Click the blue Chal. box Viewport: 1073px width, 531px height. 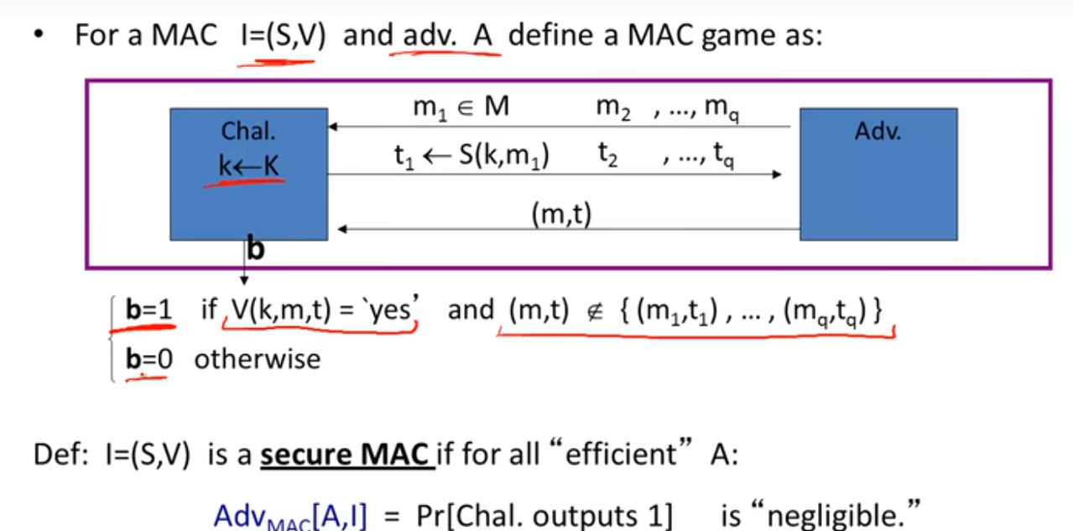pyautogui.click(x=248, y=174)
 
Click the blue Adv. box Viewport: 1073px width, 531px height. pyautogui.click(x=878, y=174)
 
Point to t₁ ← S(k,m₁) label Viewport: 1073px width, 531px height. pyautogui.click(x=471, y=157)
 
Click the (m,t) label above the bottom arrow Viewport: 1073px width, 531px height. pyautogui.click(x=561, y=216)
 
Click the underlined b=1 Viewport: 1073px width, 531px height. pyautogui.click(x=148, y=310)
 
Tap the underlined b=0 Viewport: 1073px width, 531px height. pyautogui.click(x=148, y=359)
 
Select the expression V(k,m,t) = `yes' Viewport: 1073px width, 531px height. pyautogui.click(x=320, y=310)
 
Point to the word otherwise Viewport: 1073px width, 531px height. pyautogui.click(x=257, y=359)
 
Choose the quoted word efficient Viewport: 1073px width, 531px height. pyautogui.click(x=621, y=455)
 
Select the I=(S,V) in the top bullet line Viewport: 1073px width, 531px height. pyautogui.click(x=276, y=37)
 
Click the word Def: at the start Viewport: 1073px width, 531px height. pyautogui.click(x=59, y=455)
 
